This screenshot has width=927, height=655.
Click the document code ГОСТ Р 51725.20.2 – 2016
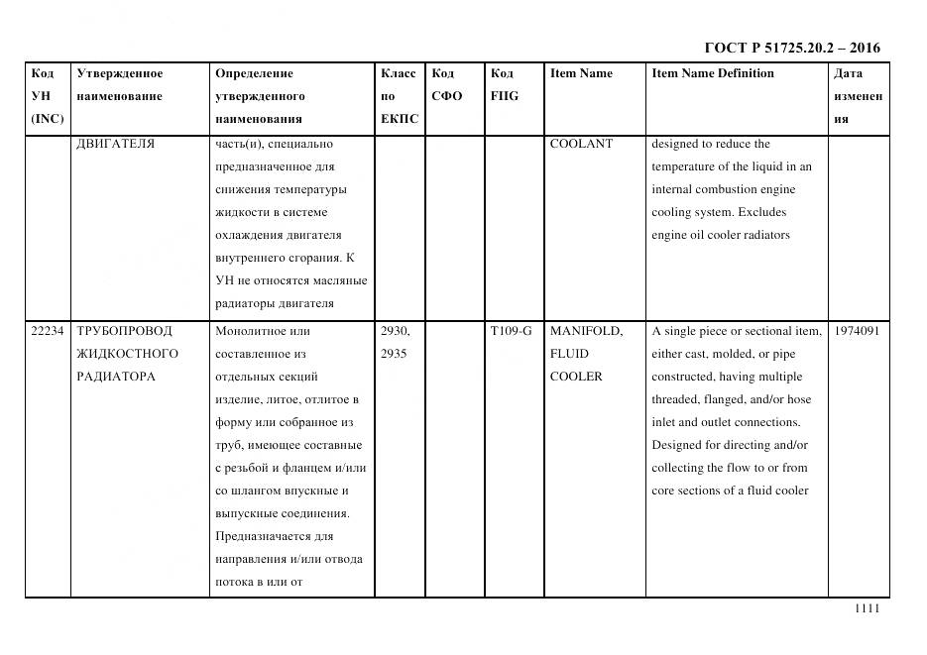click(791, 48)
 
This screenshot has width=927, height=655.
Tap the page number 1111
click(867, 609)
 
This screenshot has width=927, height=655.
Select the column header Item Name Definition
click(712, 73)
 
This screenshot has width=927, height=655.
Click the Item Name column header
click(581, 73)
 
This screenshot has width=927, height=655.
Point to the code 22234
click(48, 331)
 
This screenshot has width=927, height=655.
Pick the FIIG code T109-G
click(511, 331)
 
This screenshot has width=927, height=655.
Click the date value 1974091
click(858, 331)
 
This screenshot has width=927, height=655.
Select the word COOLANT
click(581, 144)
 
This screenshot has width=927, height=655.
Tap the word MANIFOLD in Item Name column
click(585, 331)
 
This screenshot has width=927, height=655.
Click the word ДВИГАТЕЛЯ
click(115, 144)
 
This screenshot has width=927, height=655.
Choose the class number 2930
click(395, 331)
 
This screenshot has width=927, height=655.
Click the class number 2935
click(394, 354)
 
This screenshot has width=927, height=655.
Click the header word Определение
click(254, 73)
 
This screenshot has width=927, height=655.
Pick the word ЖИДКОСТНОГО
click(127, 354)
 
